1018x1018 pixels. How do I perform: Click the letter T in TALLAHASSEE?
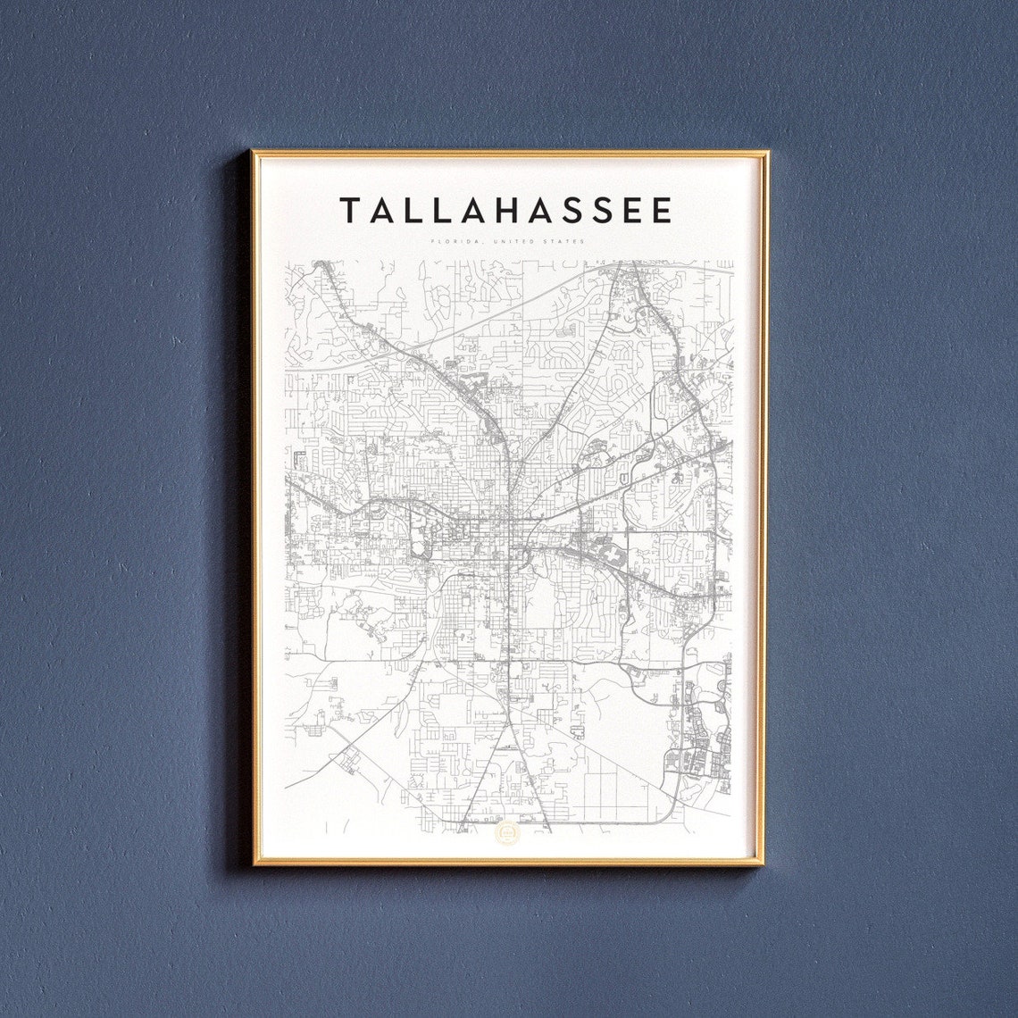click(350, 211)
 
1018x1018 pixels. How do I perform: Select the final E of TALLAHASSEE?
click(662, 211)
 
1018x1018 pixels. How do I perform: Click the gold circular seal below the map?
click(506, 833)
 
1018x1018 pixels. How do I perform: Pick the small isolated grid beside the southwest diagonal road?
click(346, 760)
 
